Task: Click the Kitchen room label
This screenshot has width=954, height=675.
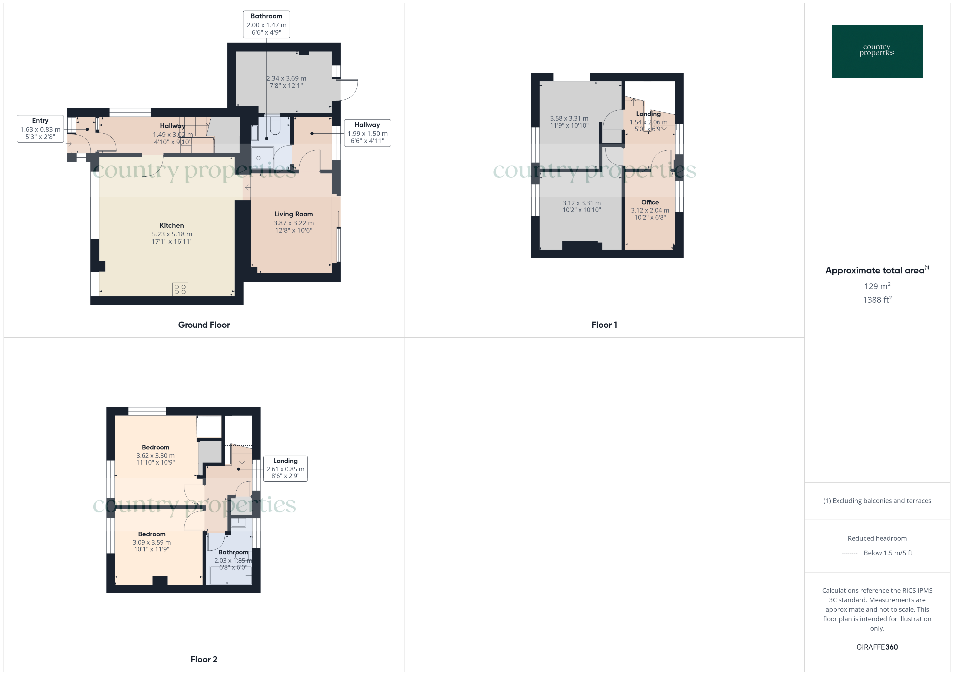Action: [172, 225]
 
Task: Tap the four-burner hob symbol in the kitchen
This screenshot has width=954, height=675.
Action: [180, 289]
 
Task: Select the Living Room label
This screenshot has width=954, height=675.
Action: [293, 214]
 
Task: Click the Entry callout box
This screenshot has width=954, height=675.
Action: [40, 129]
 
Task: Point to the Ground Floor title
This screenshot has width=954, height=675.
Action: [204, 325]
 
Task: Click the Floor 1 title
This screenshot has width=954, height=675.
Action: [604, 325]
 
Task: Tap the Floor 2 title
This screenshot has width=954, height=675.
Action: [204, 659]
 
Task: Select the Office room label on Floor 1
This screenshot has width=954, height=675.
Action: [650, 202]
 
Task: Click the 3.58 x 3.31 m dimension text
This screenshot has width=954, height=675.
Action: [569, 118]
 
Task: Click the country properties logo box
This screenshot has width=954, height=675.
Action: [877, 52]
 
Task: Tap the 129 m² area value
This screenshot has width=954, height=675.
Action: [877, 286]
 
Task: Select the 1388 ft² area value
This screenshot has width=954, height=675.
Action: [877, 300]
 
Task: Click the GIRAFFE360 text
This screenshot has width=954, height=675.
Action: [877, 647]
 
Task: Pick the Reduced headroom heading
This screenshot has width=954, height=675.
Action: [877, 538]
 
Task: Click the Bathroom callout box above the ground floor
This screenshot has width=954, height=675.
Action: [266, 24]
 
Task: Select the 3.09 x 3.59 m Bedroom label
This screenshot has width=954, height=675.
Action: [152, 534]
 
